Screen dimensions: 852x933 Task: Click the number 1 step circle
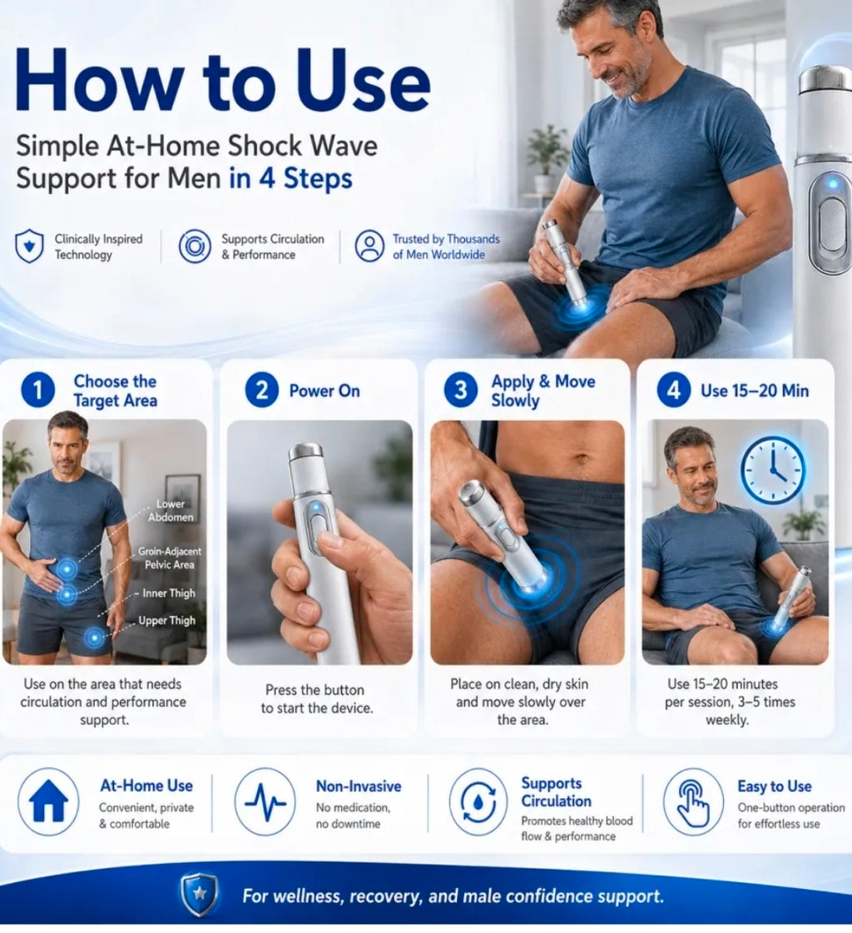point(37,390)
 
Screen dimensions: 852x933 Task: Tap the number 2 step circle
point(261,390)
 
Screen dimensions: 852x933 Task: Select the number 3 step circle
point(460,390)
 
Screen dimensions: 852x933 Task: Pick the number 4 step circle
point(673,390)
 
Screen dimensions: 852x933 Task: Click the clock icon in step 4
point(772,470)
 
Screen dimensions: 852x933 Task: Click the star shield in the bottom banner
point(200,895)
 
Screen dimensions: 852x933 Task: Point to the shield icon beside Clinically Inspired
point(29,246)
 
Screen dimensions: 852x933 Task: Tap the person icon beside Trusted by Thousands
point(370,246)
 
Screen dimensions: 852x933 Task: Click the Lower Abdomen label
point(171,510)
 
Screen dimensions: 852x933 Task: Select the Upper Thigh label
point(166,621)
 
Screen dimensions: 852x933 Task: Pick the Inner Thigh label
point(168,593)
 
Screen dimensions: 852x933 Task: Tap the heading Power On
point(324,391)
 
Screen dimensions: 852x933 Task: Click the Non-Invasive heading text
point(359,786)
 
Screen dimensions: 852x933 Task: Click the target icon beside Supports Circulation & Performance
point(196,246)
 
